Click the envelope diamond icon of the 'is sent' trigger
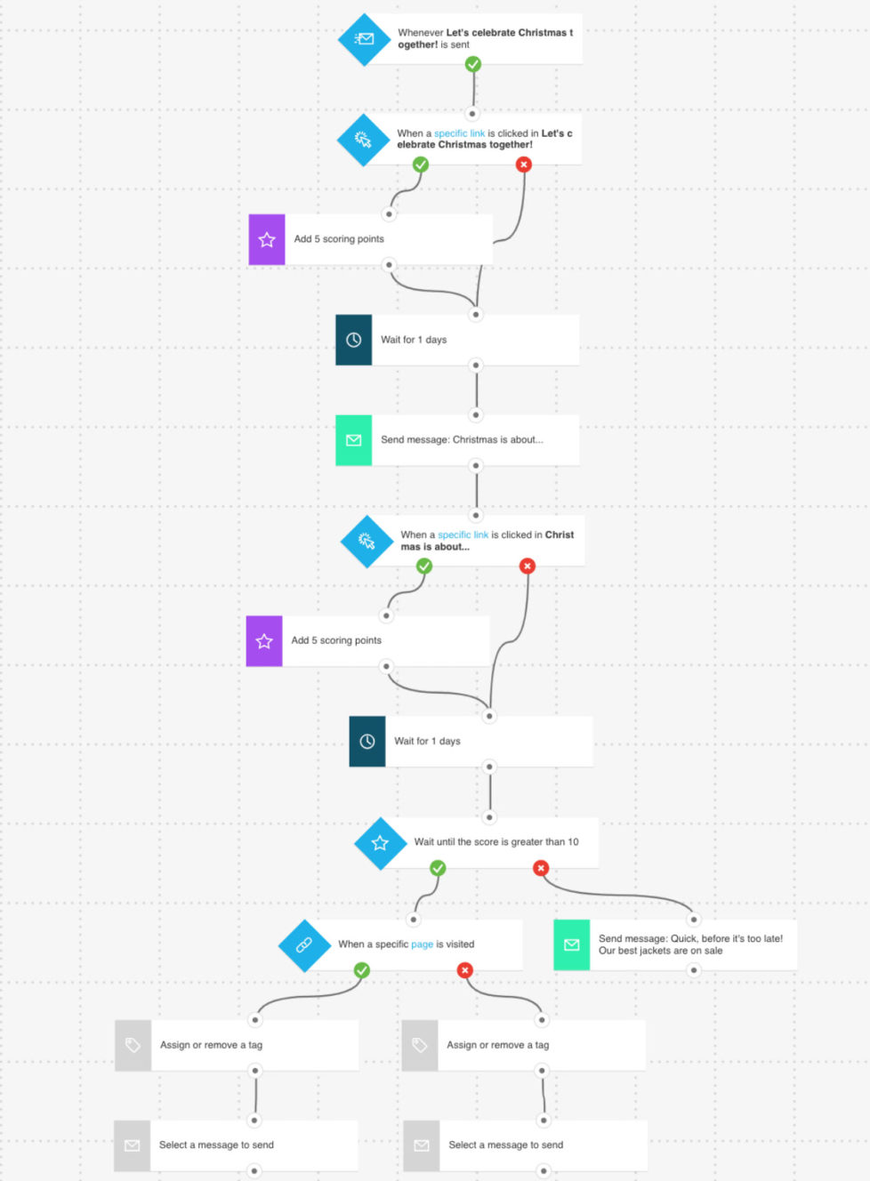click(x=364, y=39)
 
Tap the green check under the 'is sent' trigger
click(x=473, y=64)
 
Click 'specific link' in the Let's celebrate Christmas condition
click(x=459, y=133)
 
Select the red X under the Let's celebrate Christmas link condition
click(x=524, y=165)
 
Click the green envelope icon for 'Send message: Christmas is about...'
click(x=353, y=440)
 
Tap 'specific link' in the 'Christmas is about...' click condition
click(x=463, y=534)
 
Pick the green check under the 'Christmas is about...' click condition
click(x=424, y=566)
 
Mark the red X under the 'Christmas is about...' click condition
click(x=528, y=566)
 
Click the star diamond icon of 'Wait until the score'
click(x=380, y=843)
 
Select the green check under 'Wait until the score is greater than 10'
click(x=438, y=868)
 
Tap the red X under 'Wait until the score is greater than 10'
click(x=541, y=868)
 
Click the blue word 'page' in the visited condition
click(x=422, y=944)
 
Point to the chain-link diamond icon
click(x=304, y=945)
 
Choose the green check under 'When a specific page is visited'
click(x=362, y=970)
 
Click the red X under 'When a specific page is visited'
click(x=464, y=970)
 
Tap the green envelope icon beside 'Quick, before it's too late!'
click(x=571, y=945)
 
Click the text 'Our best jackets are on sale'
click(x=660, y=951)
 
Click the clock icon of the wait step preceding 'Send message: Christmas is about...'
click(x=353, y=340)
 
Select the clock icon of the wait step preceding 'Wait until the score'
click(x=367, y=742)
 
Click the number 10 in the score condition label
click(x=573, y=841)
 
